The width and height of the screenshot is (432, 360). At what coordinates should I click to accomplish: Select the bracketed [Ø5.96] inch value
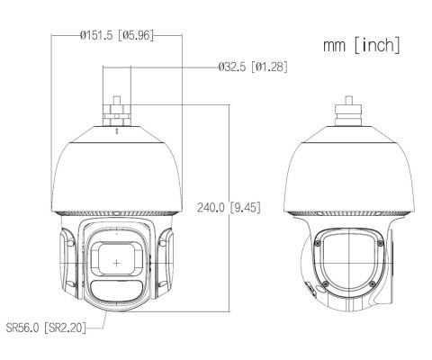[137, 36]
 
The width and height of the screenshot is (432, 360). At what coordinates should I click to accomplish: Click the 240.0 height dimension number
[211, 207]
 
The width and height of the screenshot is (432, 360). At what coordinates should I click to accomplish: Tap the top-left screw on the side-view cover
[317, 241]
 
